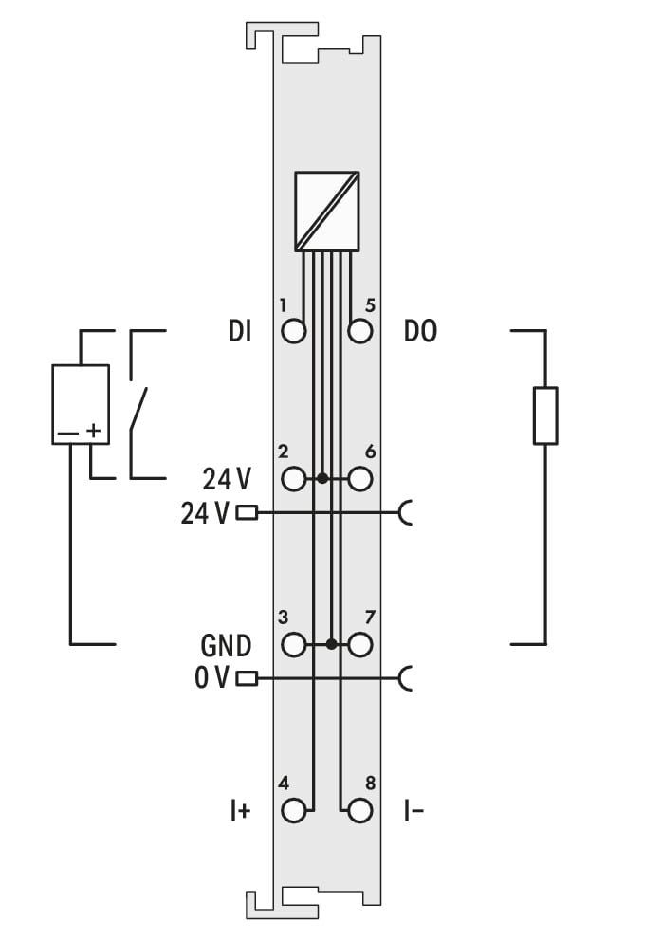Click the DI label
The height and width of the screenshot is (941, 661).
240,331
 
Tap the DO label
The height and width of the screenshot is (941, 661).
420,331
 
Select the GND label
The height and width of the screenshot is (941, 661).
226,646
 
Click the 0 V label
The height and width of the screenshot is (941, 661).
211,678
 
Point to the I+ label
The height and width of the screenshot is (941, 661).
240,811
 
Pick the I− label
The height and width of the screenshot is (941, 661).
413,811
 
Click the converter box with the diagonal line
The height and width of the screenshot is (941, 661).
327,212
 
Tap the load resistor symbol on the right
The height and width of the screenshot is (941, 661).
545,415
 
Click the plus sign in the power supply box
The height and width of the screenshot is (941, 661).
93,431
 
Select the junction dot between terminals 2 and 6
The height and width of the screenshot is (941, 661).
322,479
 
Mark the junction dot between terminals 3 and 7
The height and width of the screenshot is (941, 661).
331,645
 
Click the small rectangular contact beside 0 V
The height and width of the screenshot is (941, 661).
247,679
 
